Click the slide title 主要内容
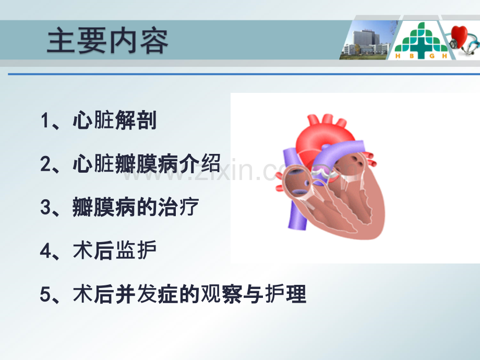pos(107,41)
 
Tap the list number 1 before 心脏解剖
pos(45,121)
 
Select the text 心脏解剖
pos(115,120)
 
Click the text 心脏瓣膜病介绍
pos(147,163)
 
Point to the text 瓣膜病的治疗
pos(136,207)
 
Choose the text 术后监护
pos(115,250)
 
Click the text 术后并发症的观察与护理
pos(189,294)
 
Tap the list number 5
pos(45,294)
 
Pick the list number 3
pos(45,207)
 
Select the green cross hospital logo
pos(421,40)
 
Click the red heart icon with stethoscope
pos(462,40)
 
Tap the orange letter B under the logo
pos(412,56)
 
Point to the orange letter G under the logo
pos(432,56)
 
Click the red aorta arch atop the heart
pos(321,135)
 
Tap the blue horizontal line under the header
pos(244,74)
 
